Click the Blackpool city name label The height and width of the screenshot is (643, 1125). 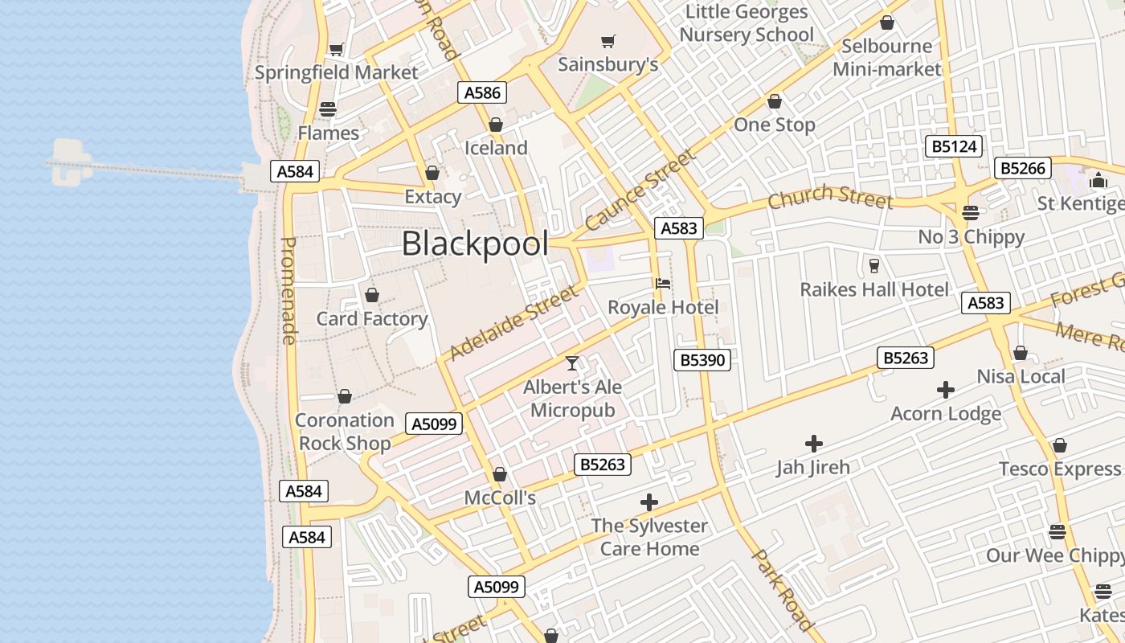tap(475, 244)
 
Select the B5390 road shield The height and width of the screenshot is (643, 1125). tap(702, 360)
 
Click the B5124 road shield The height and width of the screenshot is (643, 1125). tap(955, 146)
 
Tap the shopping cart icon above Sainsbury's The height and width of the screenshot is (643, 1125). tap(608, 41)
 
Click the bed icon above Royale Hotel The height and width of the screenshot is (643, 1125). tap(663, 284)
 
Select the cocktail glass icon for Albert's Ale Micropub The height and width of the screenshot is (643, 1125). tap(571, 363)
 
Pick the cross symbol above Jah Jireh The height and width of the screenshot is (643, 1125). tap(813, 443)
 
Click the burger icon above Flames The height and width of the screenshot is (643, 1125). tap(328, 109)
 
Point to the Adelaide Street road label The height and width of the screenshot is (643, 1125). tap(513, 322)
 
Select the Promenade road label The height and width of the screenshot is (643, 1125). tap(289, 290)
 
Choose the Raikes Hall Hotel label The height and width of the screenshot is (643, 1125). tap(874, 289)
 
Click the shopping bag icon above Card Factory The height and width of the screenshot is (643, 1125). tap(371, 295)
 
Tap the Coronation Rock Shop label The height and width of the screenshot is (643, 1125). tap(345, 432)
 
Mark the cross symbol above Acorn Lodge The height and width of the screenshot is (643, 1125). tap(946, 391)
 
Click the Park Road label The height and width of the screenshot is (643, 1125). tap(783, 589)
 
